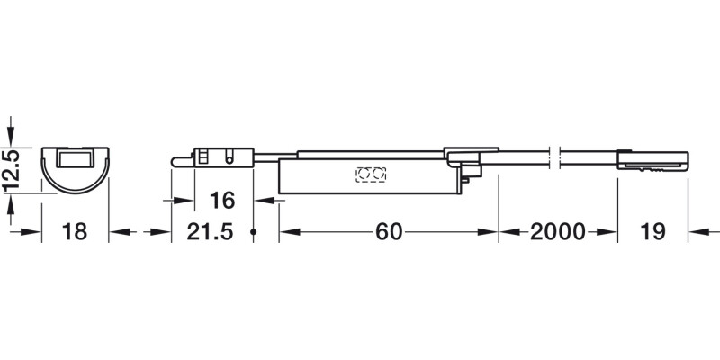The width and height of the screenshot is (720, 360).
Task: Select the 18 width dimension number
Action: coord(75,232)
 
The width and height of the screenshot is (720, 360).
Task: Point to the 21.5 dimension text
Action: coord(210,232)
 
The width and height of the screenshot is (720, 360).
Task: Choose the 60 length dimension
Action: coord(388,232)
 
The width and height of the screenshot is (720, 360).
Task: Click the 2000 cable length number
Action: coord(558,232)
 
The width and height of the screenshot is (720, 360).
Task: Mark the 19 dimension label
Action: coord(652,232)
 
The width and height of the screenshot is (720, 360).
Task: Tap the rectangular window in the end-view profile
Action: coord(75,159)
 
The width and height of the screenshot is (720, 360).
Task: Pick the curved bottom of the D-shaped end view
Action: coord(75,187)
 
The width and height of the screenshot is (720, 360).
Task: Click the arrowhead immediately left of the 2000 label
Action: coord(506,232)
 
